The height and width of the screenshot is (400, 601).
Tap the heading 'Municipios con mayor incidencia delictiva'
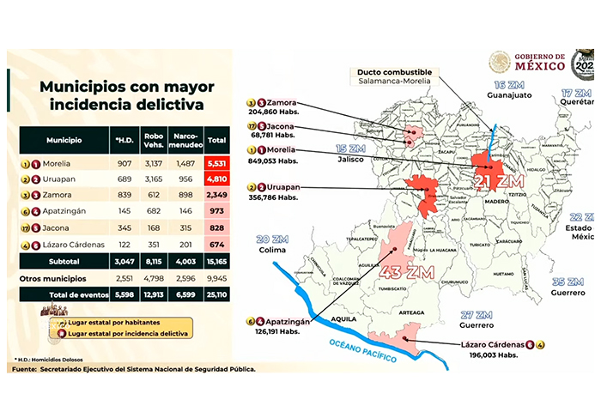pos(121,95)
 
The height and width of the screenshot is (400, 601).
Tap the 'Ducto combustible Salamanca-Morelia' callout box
pos(396,75)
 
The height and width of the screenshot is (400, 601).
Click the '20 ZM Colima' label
pos(275,244)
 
